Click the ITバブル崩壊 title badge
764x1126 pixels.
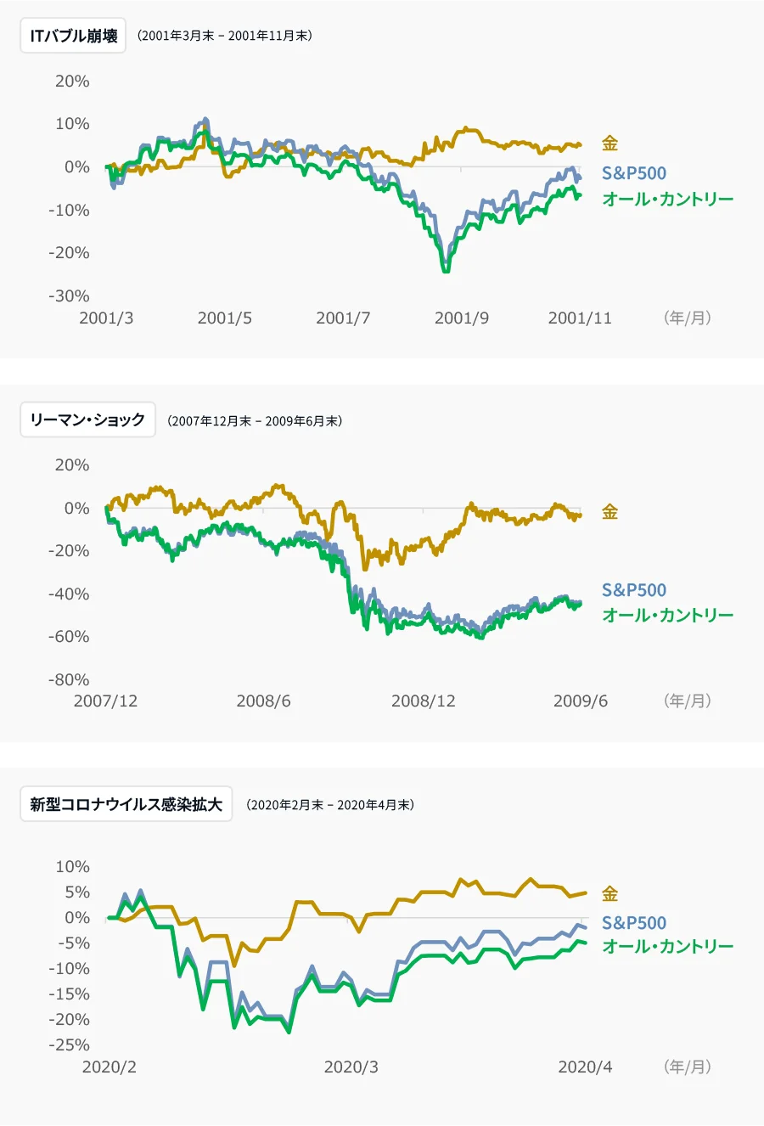tap(73, 36)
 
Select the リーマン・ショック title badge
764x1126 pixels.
tap(87, 419)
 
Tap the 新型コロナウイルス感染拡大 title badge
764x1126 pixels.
tap(126, 804)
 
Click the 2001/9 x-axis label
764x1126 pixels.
tap(461, 318)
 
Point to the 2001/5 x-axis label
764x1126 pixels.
tap(224, 318)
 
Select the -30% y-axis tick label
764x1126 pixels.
tap(69, 296)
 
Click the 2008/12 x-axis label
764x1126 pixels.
tap(423, 701)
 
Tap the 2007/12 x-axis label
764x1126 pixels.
tap(105, 701)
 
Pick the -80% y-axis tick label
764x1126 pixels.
tap(69, 679)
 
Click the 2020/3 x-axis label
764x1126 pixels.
tap(351, 1067)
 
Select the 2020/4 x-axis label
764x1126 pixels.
tap(585, 1067)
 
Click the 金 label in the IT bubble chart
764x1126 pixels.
tap(610, 144)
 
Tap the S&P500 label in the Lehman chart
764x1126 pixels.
tap(633, 590)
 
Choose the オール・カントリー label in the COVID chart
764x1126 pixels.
tap(667, 946)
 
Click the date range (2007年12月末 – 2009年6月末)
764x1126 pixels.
tap(255, 420)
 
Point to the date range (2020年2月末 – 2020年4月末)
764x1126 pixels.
tap(330, 805)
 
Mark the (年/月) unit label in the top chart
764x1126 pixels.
tap(687, 318)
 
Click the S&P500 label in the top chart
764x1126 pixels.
tap(633, 173)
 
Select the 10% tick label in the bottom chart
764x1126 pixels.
tap(72, 867)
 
